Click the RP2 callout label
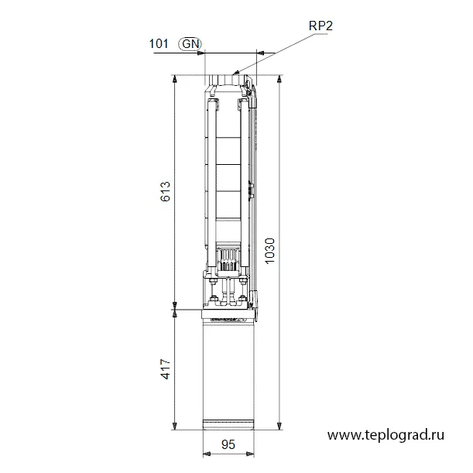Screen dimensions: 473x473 320,26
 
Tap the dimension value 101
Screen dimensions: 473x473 159,44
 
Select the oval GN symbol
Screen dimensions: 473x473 190,44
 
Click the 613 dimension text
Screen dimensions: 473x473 166,191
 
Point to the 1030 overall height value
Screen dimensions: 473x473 269,251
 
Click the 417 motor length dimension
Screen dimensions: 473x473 166,369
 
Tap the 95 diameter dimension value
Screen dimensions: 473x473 228,444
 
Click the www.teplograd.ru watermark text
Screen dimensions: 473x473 386,435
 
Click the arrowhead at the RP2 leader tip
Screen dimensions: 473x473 237,73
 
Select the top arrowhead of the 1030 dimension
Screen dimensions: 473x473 279,79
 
